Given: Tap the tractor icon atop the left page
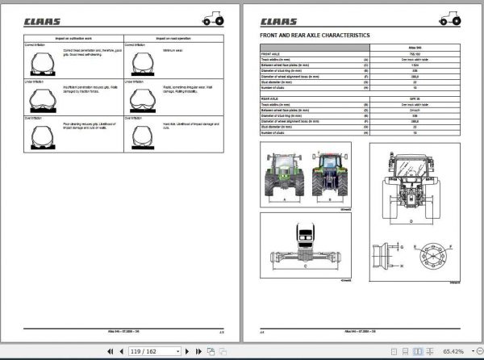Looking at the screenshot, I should [x=214, y=18].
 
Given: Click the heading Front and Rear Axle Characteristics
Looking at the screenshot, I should [x=315, y=36].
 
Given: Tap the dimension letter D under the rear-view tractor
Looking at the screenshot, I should [x=411, y=219].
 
